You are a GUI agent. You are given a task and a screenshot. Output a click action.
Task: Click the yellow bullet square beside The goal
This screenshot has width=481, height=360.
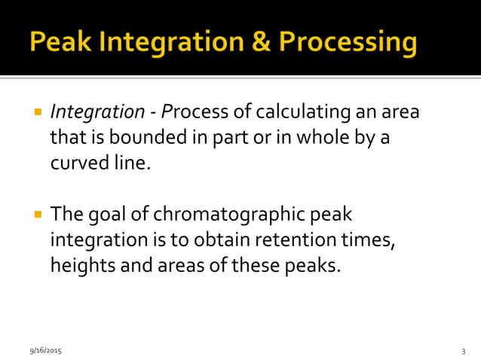pyautogui.click(x=37, y=215)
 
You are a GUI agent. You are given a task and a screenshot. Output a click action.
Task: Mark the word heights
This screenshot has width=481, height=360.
pyautogui.click(x=81, y=266)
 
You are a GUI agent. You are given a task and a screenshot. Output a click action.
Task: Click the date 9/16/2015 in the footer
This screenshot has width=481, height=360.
pyautogui.click(x=45, y=351)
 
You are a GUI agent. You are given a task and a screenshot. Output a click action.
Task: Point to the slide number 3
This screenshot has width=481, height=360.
pyautogui.click(x=463, y=351)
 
